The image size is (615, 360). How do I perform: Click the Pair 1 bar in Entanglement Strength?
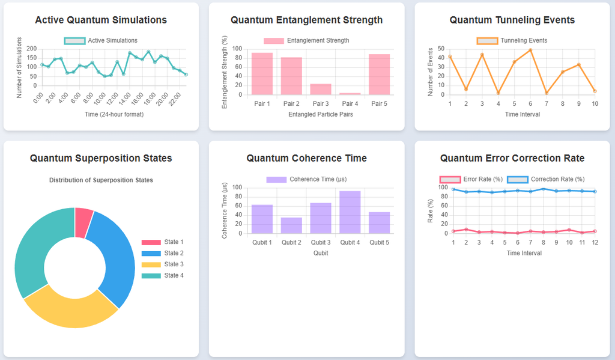click(262, 74)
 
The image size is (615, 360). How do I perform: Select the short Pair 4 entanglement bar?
click(350, 94)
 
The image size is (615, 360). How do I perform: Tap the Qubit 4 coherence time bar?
click(350, 212)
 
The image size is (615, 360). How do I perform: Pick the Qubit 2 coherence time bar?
click(291, 225)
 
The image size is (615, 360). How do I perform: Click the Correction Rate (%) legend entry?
click(546, 179)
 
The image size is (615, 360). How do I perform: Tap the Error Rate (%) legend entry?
click(471, 179)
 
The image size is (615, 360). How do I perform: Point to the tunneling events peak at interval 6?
click(530, 50)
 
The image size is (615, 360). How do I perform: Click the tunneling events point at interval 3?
click(482, 55)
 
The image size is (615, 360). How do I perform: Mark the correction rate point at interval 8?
click(543, 189)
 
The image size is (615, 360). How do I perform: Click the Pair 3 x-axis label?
click(320, 103)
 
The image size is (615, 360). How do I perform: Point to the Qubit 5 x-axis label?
click(379, 242)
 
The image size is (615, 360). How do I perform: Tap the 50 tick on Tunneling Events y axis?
click(441, 49)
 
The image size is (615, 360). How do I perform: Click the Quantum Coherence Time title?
click(306, 158)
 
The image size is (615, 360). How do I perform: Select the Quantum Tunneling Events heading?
click(512, 20)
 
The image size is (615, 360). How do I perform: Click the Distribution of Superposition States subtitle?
click(101, 180)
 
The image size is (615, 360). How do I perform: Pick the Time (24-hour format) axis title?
click(114, 114)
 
